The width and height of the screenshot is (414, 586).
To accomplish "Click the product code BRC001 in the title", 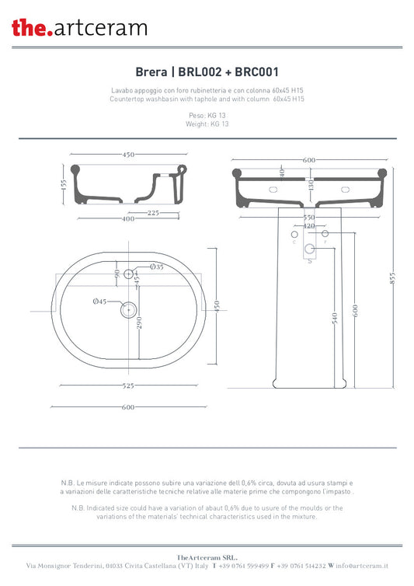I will coord(256,72).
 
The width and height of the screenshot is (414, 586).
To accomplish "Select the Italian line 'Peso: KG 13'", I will coord(207,115).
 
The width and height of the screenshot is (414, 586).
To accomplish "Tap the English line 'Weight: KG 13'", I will coord(207,124).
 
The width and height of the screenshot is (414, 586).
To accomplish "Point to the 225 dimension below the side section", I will coord(154,212).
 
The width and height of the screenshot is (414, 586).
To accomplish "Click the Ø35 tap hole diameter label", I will coord(156,267).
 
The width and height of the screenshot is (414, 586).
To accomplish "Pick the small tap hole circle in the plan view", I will coord(130,274).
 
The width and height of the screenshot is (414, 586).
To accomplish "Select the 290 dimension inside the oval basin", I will coord(139,323).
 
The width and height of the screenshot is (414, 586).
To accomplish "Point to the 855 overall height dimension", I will coord(393,277).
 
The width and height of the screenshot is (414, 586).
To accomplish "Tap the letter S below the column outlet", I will coord(310,262).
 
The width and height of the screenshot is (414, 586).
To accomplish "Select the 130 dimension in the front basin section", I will coord(310,184).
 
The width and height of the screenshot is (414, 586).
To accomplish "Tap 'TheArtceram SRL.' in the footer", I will coord(207,556).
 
